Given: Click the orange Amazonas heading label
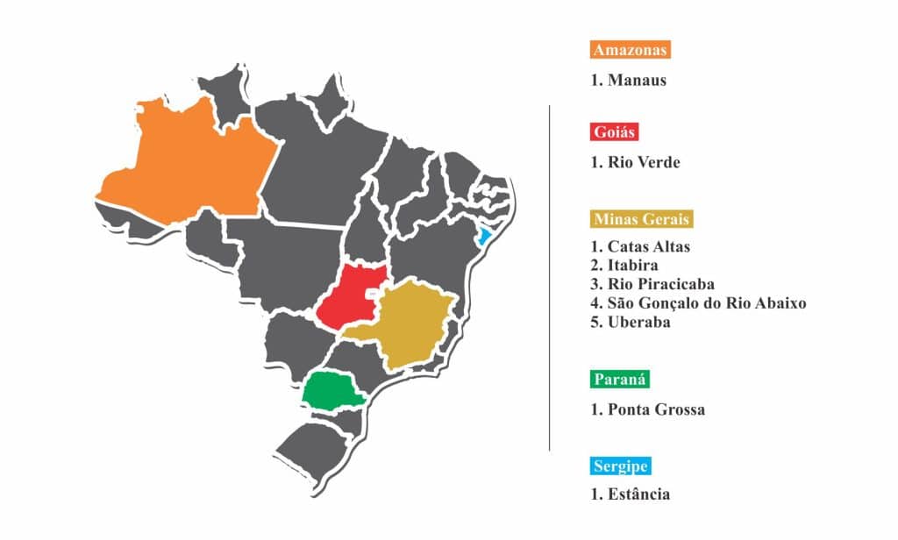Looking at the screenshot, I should click(631, 49).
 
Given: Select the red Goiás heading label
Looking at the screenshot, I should click(614, 132).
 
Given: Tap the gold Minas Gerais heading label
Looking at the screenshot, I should click(642, 218).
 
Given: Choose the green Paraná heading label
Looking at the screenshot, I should click(620, 379).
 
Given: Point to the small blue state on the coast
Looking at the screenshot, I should click(484, 237).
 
